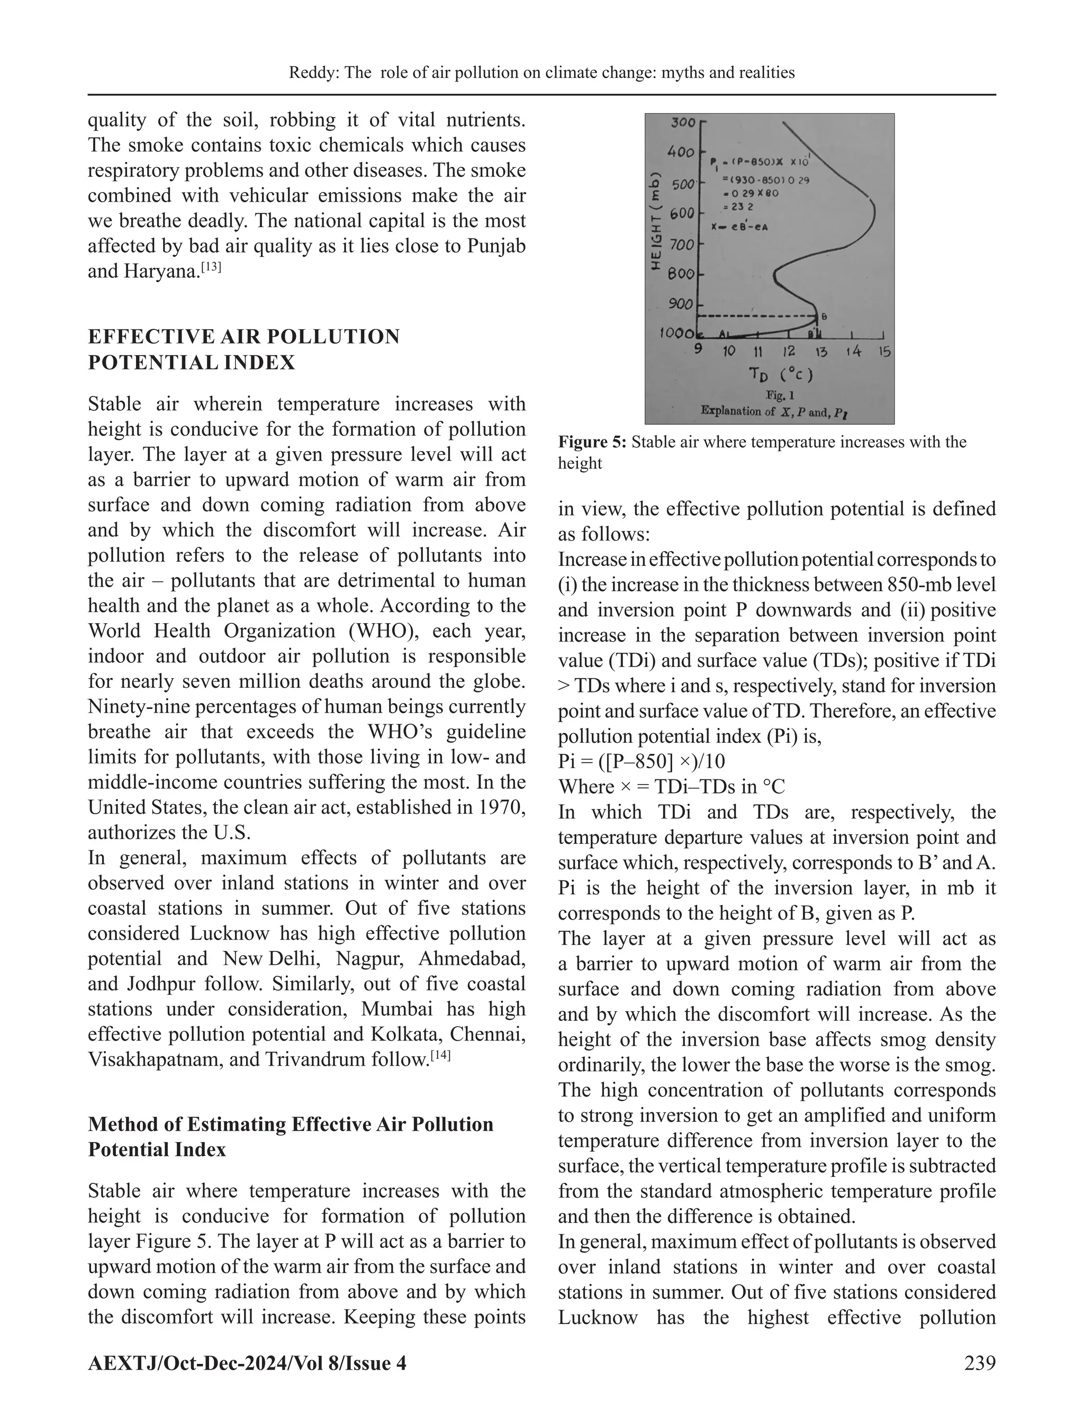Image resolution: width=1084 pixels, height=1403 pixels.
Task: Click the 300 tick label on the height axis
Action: [683, 122]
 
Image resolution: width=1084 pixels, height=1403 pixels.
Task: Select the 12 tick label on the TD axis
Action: [789, 352]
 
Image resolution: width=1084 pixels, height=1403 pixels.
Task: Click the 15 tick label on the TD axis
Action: [884, 352]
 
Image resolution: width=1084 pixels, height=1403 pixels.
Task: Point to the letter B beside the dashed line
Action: [825, 317]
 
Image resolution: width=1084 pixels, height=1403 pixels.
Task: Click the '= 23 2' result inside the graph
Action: [735, 208]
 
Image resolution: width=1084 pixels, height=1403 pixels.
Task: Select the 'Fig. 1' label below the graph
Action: [780, 397]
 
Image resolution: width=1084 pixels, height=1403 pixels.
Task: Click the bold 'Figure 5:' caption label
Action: [592, 442]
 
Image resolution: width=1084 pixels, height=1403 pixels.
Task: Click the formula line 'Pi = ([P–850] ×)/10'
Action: [641, 762]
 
